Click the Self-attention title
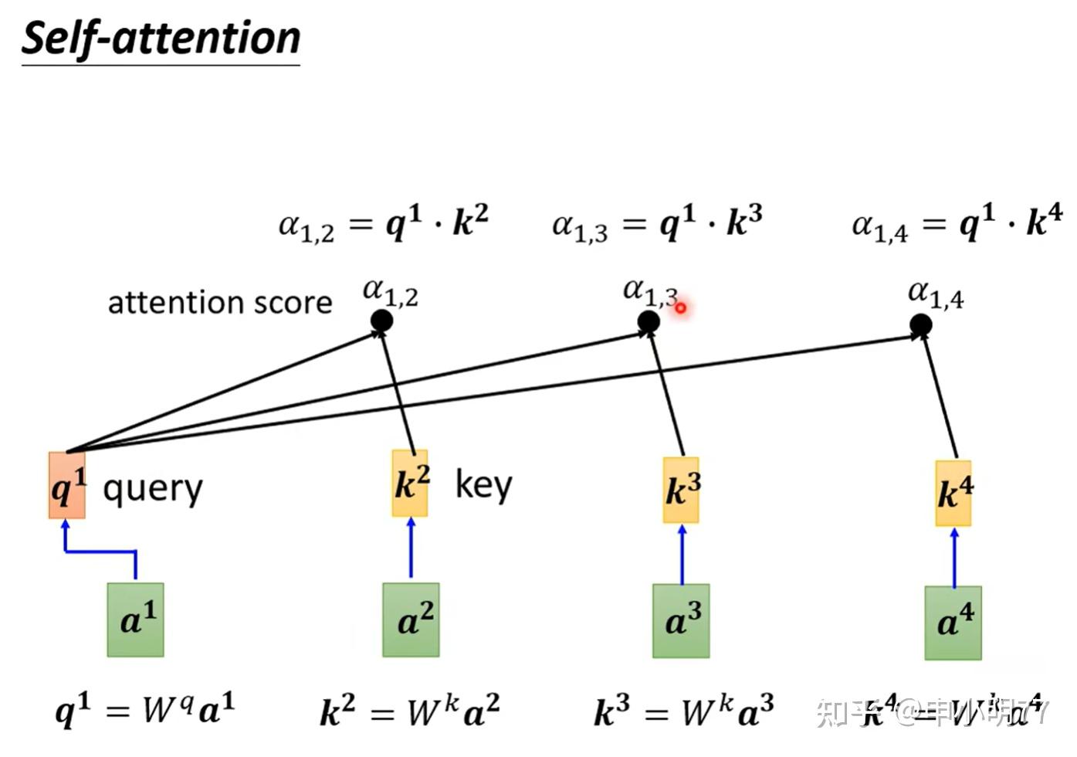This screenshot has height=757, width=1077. click(x=161, y=39)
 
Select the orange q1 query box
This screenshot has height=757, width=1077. click(x=67, y=485)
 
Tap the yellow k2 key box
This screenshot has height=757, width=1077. click(x=410, y=484)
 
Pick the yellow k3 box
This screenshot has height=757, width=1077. click(x=681, y=490)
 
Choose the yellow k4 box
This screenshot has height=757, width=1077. click(x=953, y=493)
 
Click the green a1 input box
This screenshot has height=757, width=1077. click(x=136, y=620)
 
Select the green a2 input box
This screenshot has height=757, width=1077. click(x=411, y=620)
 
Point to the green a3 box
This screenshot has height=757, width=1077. click(x=681, y=620)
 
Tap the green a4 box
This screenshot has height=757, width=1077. click(x=953, y=623)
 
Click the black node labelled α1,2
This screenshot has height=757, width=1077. click(x=381, y=320)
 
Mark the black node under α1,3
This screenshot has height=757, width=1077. click(x=649, y=321)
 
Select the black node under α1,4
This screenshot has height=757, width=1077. click(x=920, y=324)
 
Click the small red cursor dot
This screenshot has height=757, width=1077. click(x=681, y=308)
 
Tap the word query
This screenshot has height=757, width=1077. click(x=153, y=489)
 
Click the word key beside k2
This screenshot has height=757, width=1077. click(x=483, y=485)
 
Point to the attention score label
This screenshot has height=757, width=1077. click(x=220, y=303)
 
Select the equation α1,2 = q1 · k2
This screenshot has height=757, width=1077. click(x=384, y=223)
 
